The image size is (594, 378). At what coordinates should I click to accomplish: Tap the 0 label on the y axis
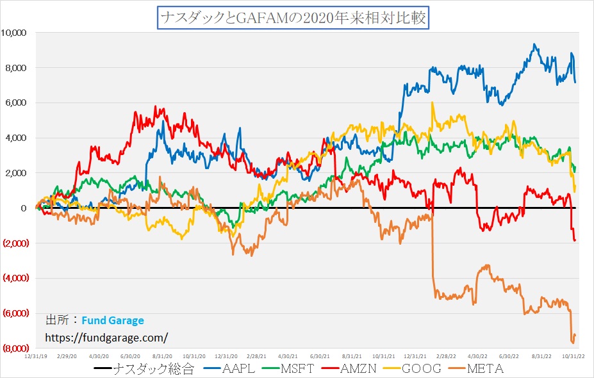(x=22, y=208)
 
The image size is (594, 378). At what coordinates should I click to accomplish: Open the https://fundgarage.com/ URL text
(x=106, y=337)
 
